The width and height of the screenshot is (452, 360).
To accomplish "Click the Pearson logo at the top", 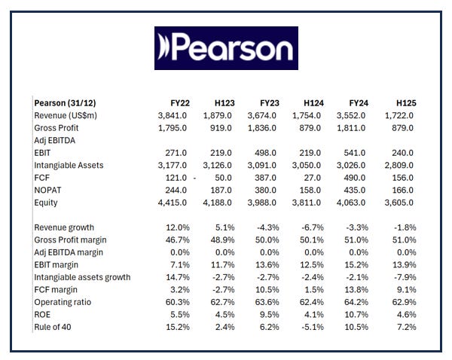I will (226, 48).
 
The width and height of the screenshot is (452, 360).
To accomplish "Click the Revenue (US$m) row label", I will (66, 114).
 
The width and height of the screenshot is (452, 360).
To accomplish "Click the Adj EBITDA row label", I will (56, 139).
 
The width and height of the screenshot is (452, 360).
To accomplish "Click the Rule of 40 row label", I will (56, 327).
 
